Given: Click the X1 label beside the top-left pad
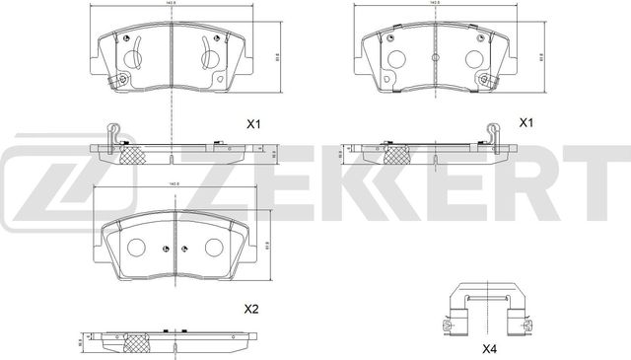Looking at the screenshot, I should [252, 124].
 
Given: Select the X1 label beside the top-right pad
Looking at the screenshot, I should [526, 124].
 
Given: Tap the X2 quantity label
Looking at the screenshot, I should [251, 310].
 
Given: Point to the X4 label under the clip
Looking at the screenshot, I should [489, 348].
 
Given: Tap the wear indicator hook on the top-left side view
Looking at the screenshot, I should [112, 128].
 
